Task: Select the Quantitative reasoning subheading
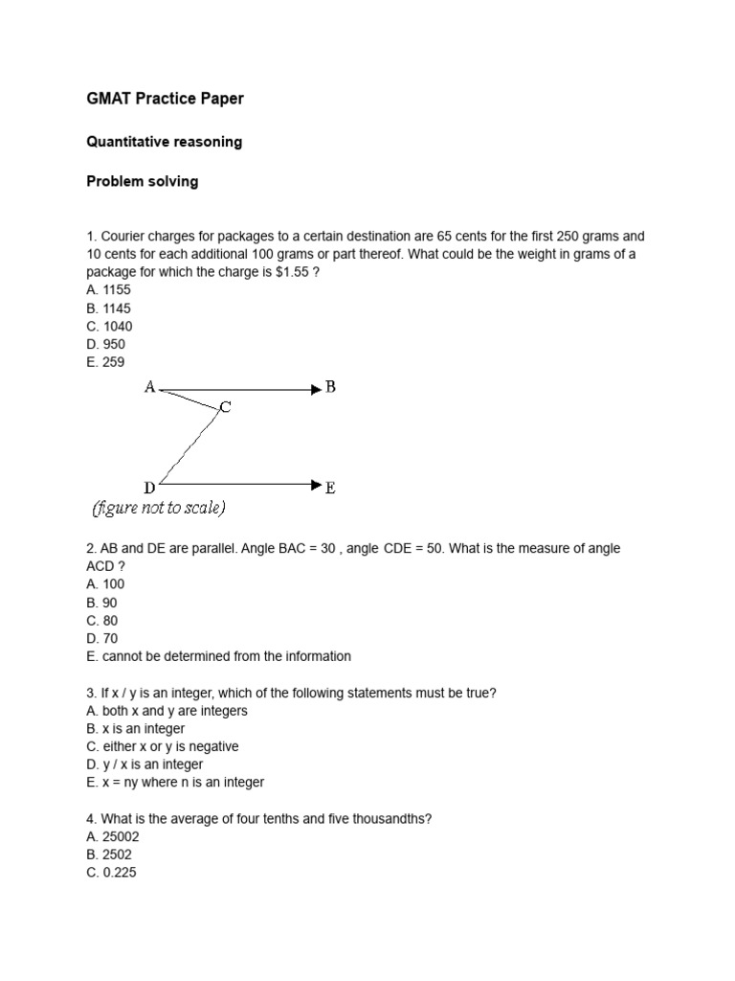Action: coord(164,142)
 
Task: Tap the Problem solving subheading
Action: coord(143,181)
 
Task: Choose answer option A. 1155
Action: coord(108,290)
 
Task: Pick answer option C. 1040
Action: coord(109,326)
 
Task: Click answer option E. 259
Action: coord(105,362)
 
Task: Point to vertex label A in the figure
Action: coord(149,387)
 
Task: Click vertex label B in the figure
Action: coord(330,387)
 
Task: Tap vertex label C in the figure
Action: coord(225,407)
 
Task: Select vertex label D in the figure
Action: coord(149,487)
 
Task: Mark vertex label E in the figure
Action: coord(330,488)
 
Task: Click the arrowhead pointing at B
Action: coord(316,389)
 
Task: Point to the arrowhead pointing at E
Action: coord(316,486)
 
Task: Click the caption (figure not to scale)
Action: coord(159,508)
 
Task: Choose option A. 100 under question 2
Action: coord(105,583)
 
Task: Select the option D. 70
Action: coord(101,638)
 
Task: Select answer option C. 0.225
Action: coord(111,873)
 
